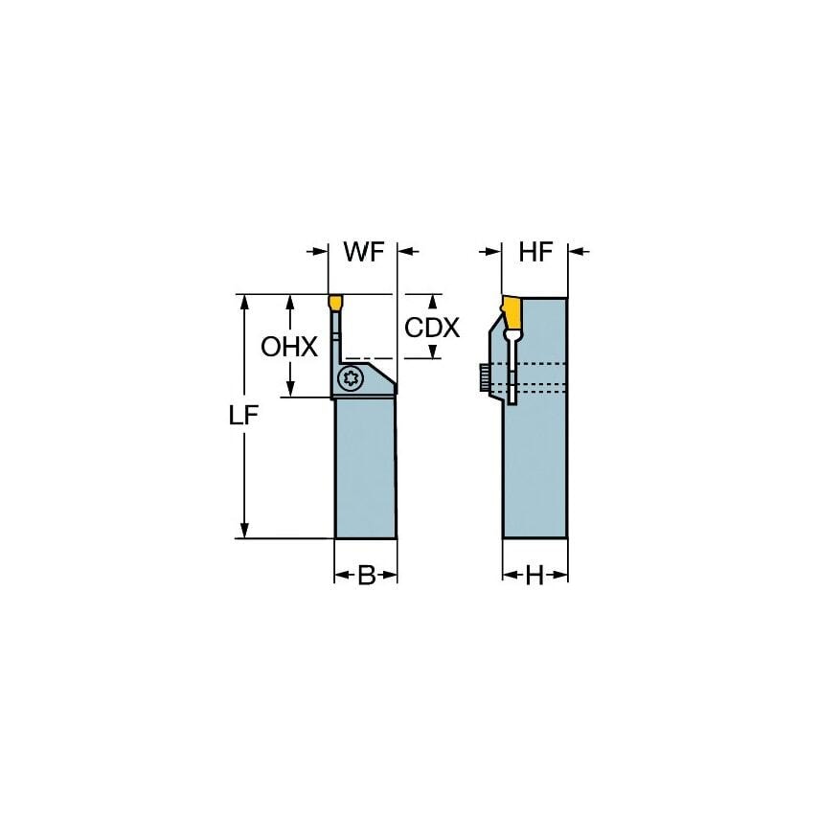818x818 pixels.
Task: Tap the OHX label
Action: click(289, 347)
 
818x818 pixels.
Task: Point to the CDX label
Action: click(432, 328)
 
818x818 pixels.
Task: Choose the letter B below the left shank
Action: click(366, 576)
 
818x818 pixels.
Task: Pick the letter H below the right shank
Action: click(534, 576)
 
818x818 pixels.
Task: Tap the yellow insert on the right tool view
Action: click(511, 311)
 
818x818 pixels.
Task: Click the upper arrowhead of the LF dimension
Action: click(245, 302)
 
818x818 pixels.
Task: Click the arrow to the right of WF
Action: click(406, 252)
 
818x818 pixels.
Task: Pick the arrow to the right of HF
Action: click(579, 252)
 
